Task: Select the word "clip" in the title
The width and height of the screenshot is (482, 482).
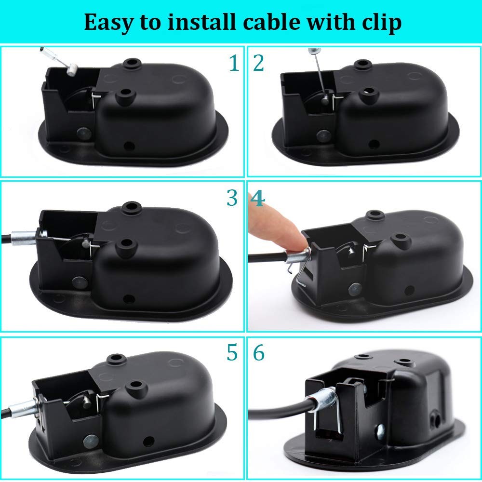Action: [381, 22]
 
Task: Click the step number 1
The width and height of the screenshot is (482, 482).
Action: [234, 63]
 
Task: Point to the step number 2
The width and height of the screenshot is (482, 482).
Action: [258, 63]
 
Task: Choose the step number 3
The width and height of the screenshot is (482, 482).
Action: [232, 198]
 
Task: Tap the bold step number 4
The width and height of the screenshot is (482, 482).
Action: [258, 198]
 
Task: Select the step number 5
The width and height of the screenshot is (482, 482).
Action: [232, 353]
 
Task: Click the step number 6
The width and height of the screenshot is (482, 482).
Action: [259, 353]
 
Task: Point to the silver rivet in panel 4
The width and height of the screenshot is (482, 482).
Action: [355, 289]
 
